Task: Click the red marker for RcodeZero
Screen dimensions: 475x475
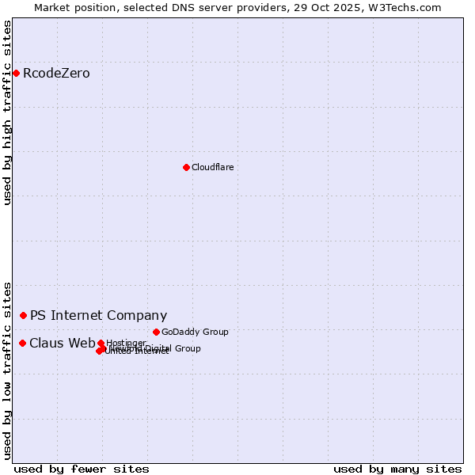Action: coord(16,74)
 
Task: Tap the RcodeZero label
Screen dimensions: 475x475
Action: coord(56,74)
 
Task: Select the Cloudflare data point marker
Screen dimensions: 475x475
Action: coord(186,167)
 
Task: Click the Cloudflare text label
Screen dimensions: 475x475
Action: coord(212,167)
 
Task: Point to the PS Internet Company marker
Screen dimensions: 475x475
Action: coord(23,315)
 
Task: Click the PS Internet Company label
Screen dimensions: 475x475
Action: coord(98,315)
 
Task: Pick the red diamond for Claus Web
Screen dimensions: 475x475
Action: coord(22,343)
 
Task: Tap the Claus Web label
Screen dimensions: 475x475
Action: coord(62,343)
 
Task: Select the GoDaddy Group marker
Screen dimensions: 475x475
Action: coord(156,332)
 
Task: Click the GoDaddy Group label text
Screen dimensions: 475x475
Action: coord(195,332)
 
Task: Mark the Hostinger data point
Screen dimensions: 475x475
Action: coord(101,343)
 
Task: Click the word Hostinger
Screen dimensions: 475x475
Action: coord(127,343)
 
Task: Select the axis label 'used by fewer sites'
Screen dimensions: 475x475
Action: coord(82,469)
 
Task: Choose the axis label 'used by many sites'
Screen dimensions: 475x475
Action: coord(397,469)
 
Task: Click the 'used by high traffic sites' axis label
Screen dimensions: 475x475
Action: coord(7,112)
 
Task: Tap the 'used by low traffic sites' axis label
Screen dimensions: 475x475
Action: coord(7,370)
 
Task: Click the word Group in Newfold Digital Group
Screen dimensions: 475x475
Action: coord(187,348)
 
